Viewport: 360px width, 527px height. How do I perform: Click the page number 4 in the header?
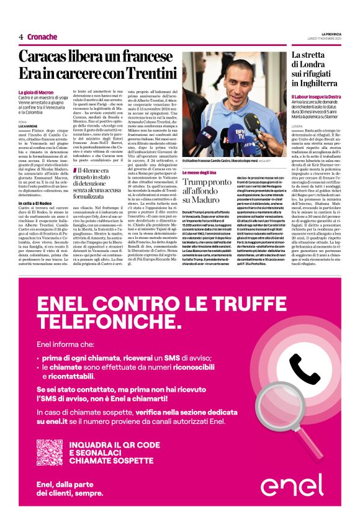pyautogui.click(x=21, y=37)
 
